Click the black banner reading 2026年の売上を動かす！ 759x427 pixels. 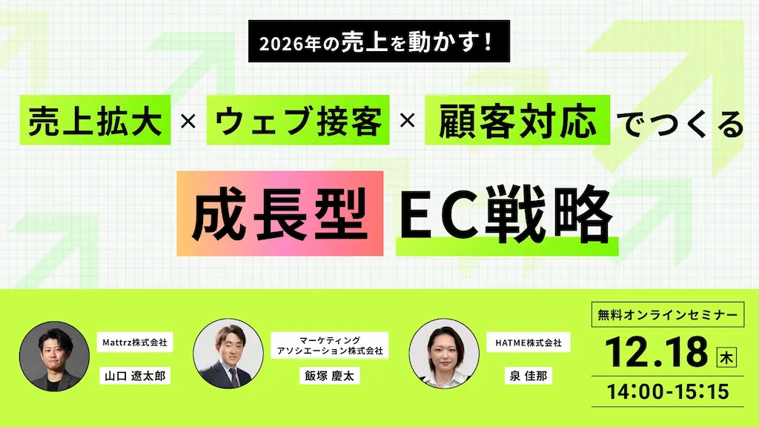(x=379, y=42)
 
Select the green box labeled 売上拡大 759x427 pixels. (x=96, y=120)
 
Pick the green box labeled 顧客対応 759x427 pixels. (x=517, y=120)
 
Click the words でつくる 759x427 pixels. (x=680, y=122)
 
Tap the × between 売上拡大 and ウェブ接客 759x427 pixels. (x=188, y=121)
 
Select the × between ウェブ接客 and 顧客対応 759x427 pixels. (x=405, y=121)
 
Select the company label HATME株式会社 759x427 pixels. (x=528, y=343)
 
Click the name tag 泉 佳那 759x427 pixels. (x=528, y=377)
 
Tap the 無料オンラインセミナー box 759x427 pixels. (x=668, y=314)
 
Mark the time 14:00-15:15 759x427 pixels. (x=668, y=390)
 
